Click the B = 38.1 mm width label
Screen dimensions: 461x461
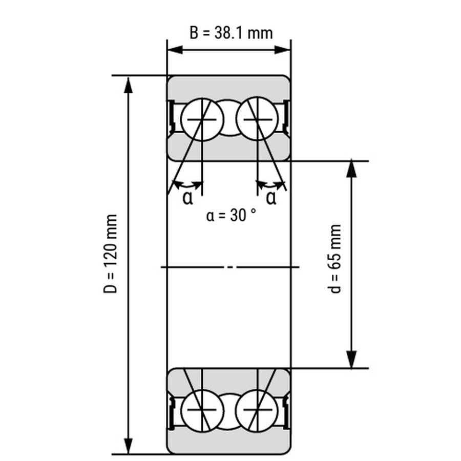(231, 33)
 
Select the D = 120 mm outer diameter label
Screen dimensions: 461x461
(111, 254)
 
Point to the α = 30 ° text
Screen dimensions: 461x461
(231, 215)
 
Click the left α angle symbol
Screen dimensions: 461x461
(187, 198)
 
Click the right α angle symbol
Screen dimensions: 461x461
(271, 198)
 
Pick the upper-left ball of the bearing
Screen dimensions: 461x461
(202, 120)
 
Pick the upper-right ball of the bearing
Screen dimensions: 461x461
(258, 120)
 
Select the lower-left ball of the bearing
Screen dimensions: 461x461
(202, 410)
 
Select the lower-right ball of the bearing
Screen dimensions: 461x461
(258, 410)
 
